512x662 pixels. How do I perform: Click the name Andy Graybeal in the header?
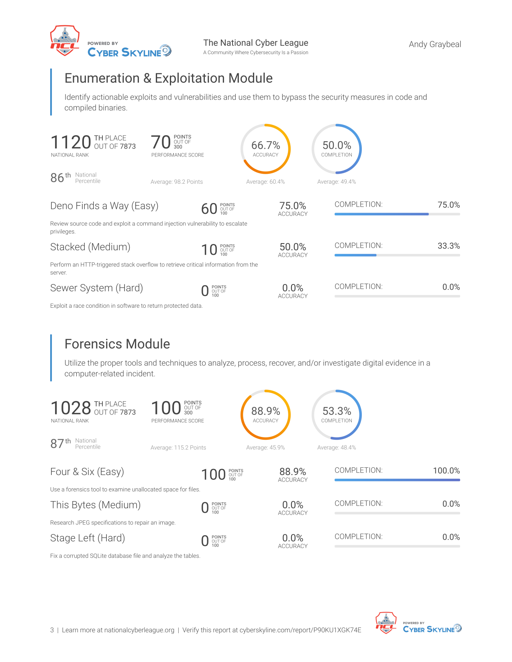tap(434, 44)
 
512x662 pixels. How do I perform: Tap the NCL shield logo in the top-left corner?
tap(65, 41)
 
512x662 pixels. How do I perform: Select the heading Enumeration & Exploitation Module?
tap(168, 78)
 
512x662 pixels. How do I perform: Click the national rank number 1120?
tap(71, 142)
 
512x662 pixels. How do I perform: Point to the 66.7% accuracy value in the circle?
tap(265, 145)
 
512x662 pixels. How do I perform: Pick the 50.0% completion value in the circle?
tap(337, 145)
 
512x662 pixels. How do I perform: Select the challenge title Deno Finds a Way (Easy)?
tap(104, 206)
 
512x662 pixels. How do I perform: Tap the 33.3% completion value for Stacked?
tap(449, 246)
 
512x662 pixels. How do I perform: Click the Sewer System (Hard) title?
tap(97, 288)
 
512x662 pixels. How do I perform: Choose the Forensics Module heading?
tap(117, 344)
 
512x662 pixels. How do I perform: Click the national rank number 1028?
tap(71, 408)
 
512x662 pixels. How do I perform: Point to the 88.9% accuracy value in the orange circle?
tap(265, 411)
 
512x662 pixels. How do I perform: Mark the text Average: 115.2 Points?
tap(178, 447)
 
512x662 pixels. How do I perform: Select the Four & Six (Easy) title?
tap(87, 471)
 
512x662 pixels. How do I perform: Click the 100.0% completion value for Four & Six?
tap(447, 471)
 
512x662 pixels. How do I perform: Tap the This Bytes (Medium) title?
tap(96, 505)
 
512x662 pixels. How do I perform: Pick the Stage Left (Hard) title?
tap(88, 538)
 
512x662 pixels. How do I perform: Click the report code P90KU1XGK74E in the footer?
tap(337, 630)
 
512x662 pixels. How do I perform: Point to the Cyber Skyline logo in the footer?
tap(432, 628)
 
